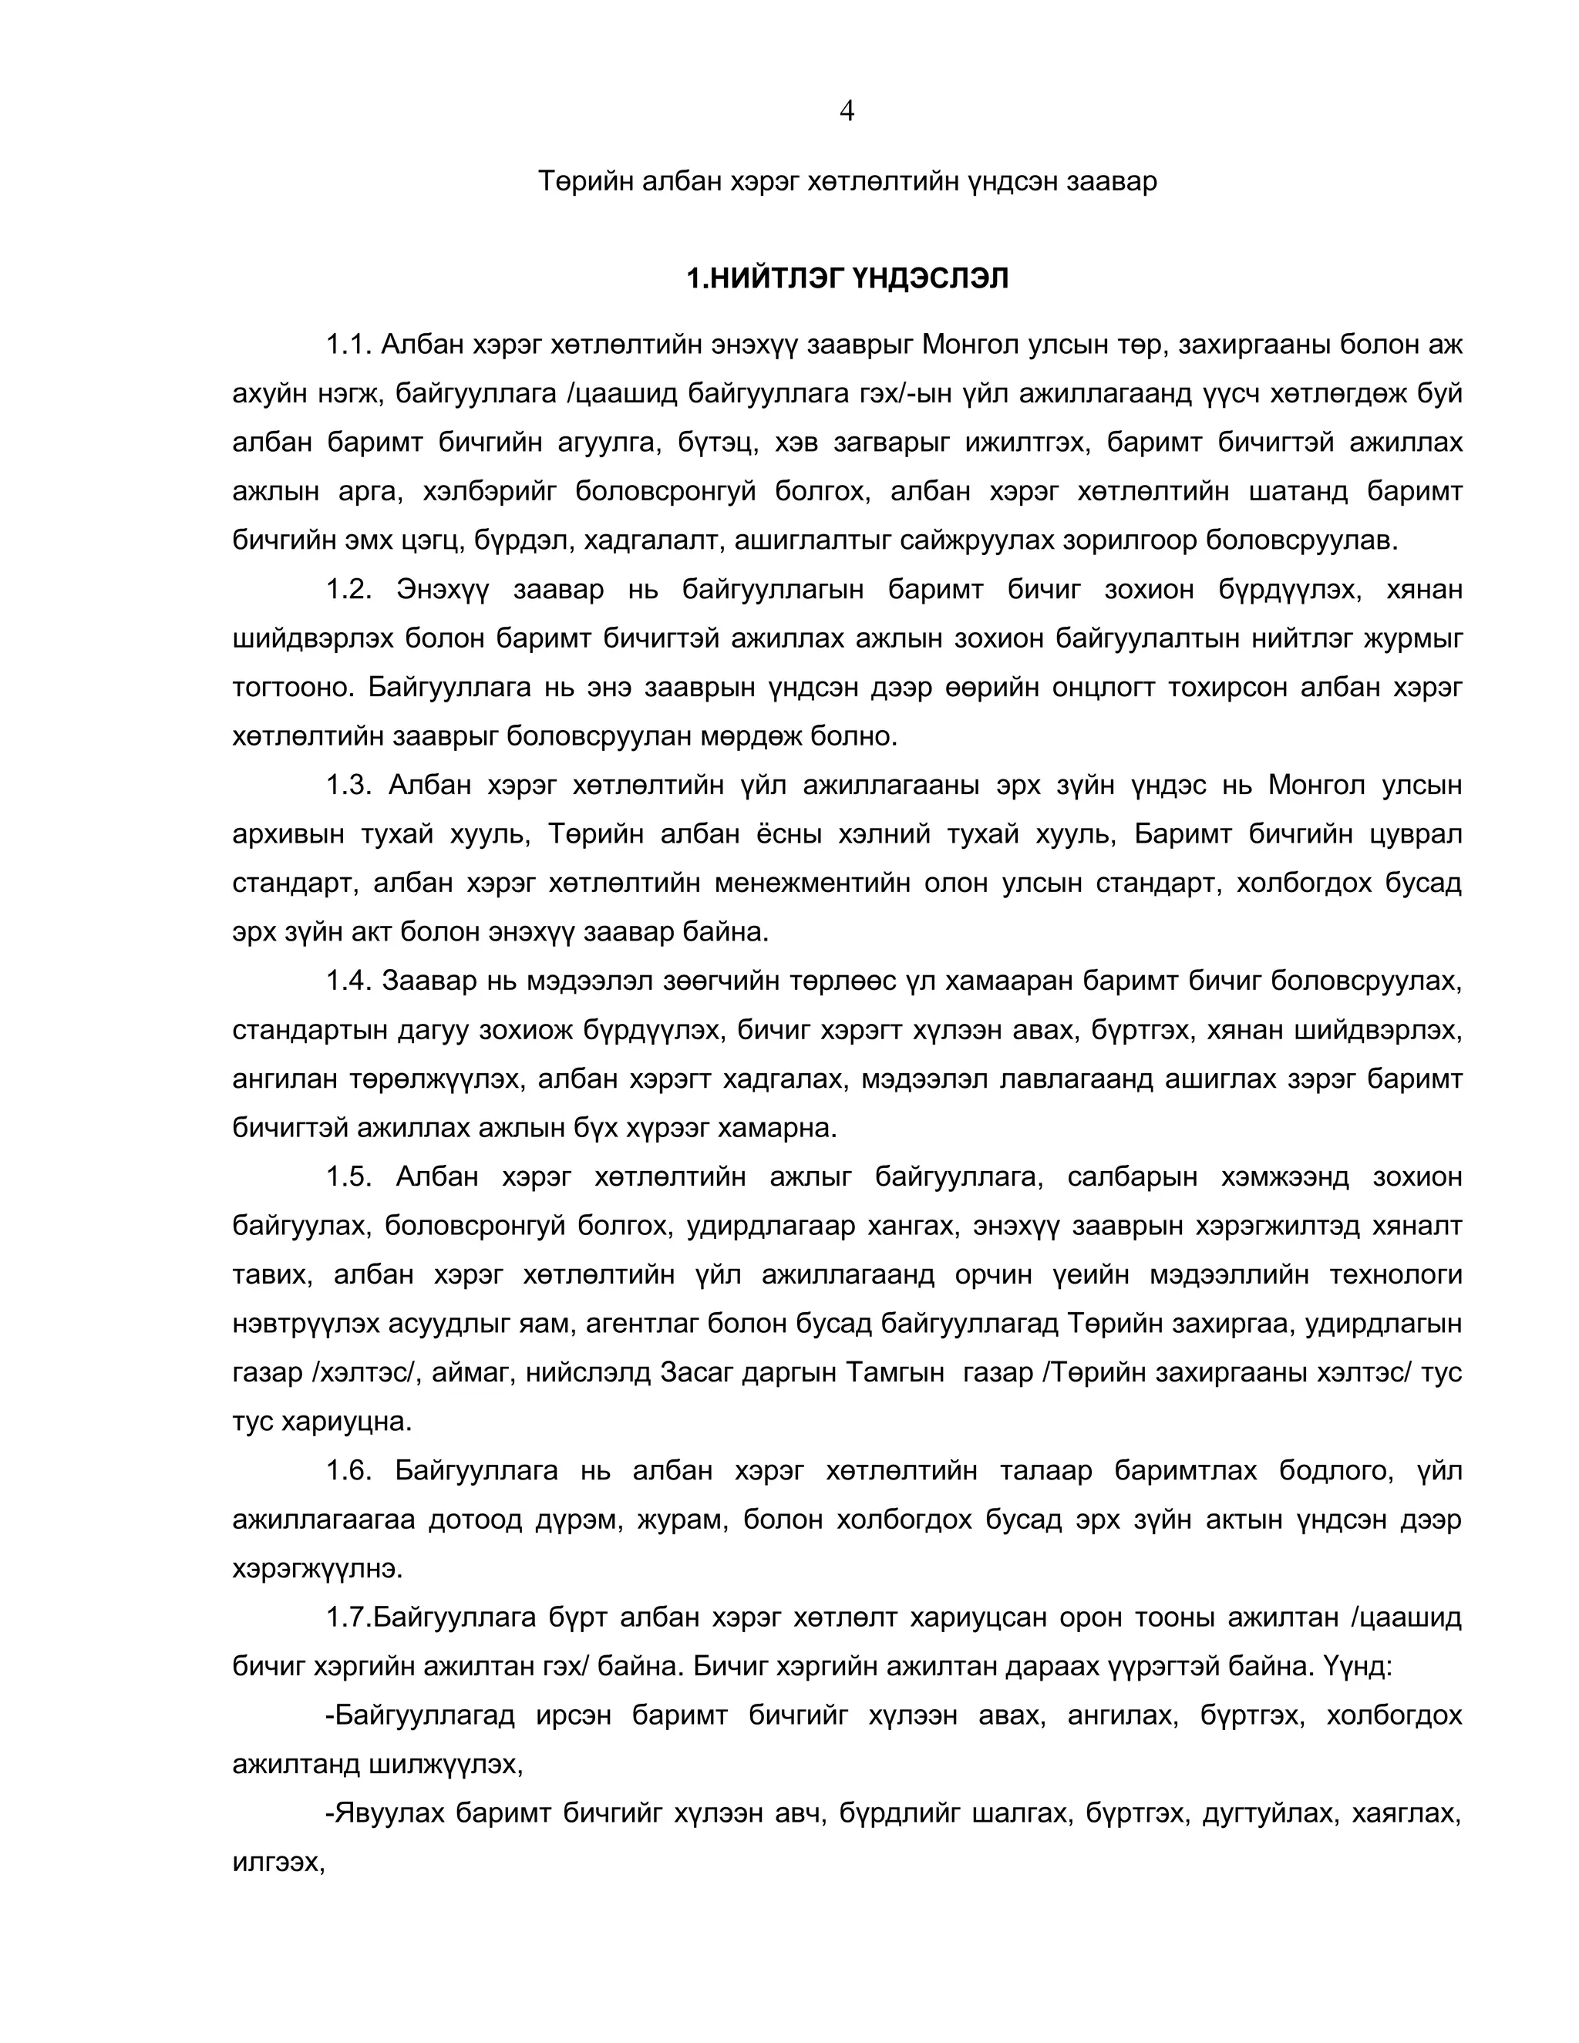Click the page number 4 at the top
point(847,111)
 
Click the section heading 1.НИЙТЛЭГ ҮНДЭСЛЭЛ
point(847,279)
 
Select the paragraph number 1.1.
point(349,345)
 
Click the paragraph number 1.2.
point(349,591)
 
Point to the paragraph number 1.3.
point(349,785)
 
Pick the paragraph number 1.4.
point(349,981)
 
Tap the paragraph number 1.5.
point(349,1176)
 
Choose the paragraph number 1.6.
point(349,1470)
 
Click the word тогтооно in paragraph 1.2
point(293,688)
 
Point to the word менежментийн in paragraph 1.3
point(812,883)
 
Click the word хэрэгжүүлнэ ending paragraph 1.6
point(317,1569)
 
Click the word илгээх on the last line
point(278,1863)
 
